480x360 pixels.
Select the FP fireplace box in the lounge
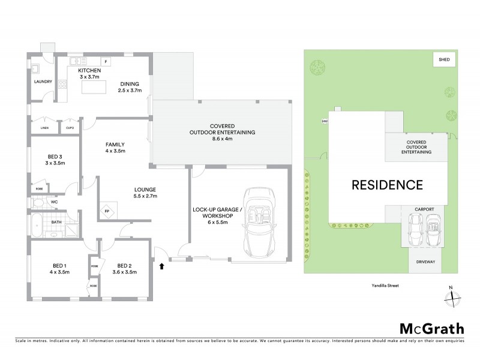click(x=107, y=212)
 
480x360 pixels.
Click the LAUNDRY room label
click(x=43, y=82)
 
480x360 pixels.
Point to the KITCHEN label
click(x=89, y=71)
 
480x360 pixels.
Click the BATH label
click(x=56, y=222)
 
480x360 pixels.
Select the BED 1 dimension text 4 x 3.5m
click(x=60, y=272)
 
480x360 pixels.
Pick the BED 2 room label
click(x=124, y=266)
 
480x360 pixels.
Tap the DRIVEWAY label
click(x=425, y=262)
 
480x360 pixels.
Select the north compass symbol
click(x=454, y=296)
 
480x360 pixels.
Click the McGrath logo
click(x=431, y=329)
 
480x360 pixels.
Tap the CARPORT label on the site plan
click(x=424, y=209)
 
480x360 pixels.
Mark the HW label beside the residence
click(x=325, y=121)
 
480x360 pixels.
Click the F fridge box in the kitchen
click(x=106, y=62)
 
